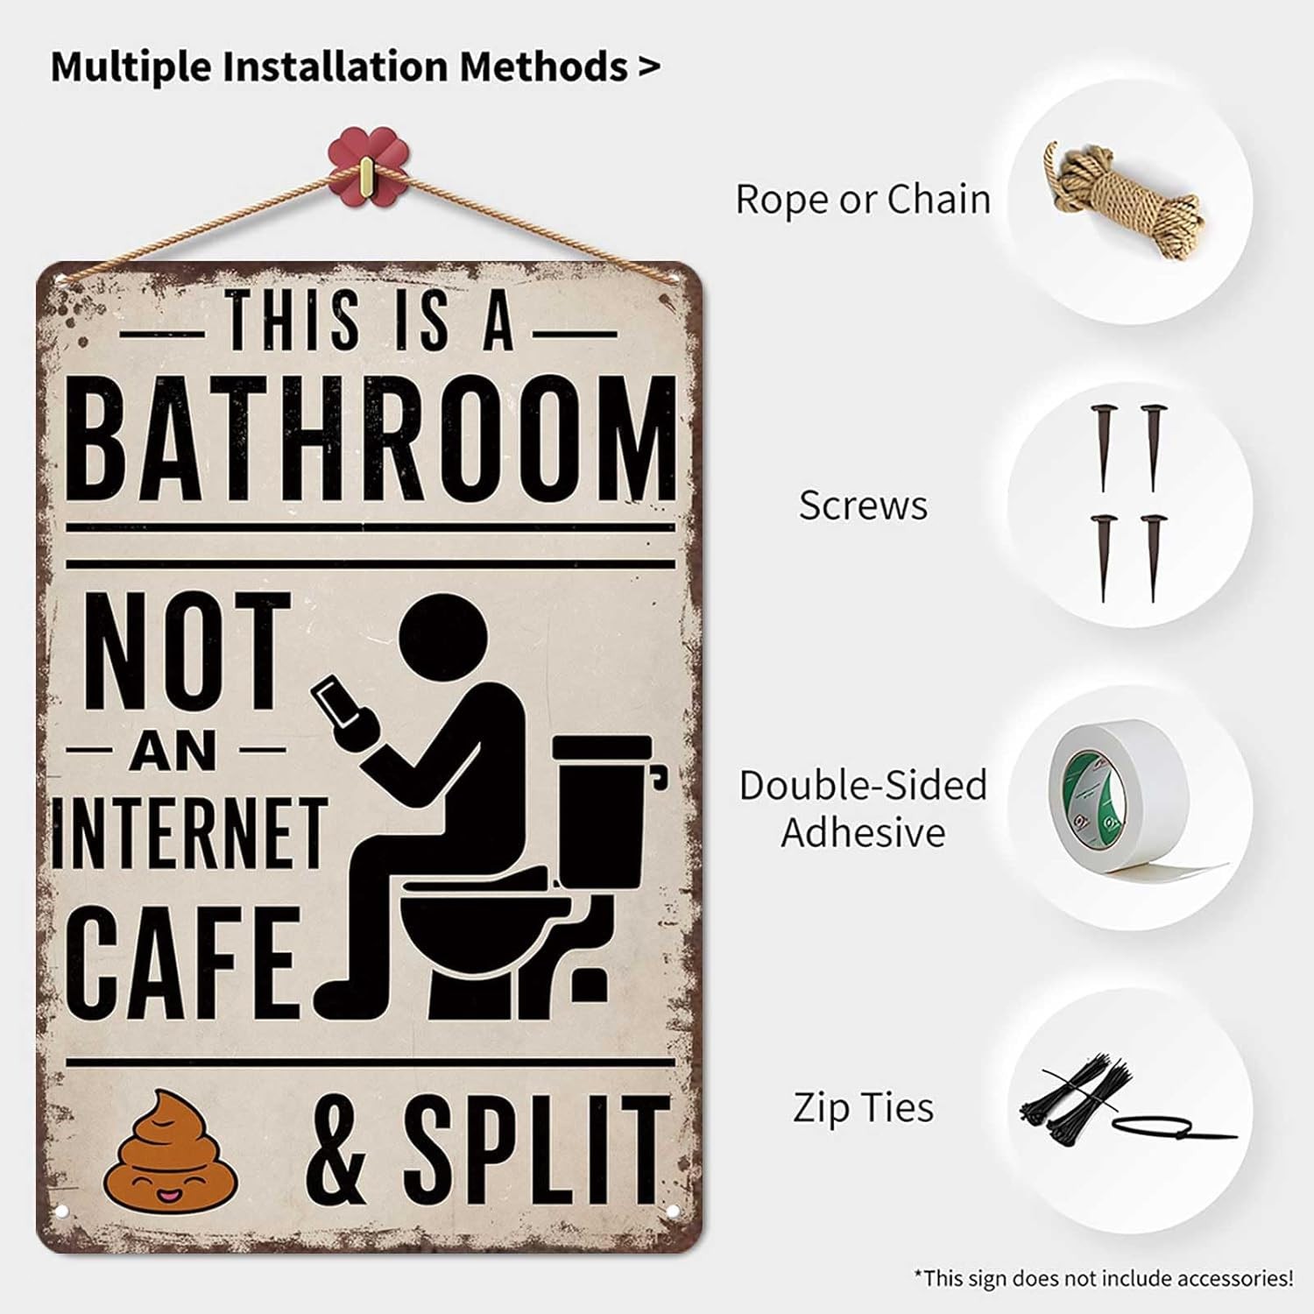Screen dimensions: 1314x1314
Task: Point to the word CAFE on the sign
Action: tap(182, 961)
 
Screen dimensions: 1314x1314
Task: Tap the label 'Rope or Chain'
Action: tap(863, 199)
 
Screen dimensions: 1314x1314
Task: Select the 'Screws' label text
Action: tap(863, 505)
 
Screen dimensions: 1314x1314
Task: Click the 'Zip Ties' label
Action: tap(863, 1107)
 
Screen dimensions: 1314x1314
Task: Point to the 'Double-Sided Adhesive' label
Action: tap(863, 808)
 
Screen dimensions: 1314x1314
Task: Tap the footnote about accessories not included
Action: tap(1103, 1278)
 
